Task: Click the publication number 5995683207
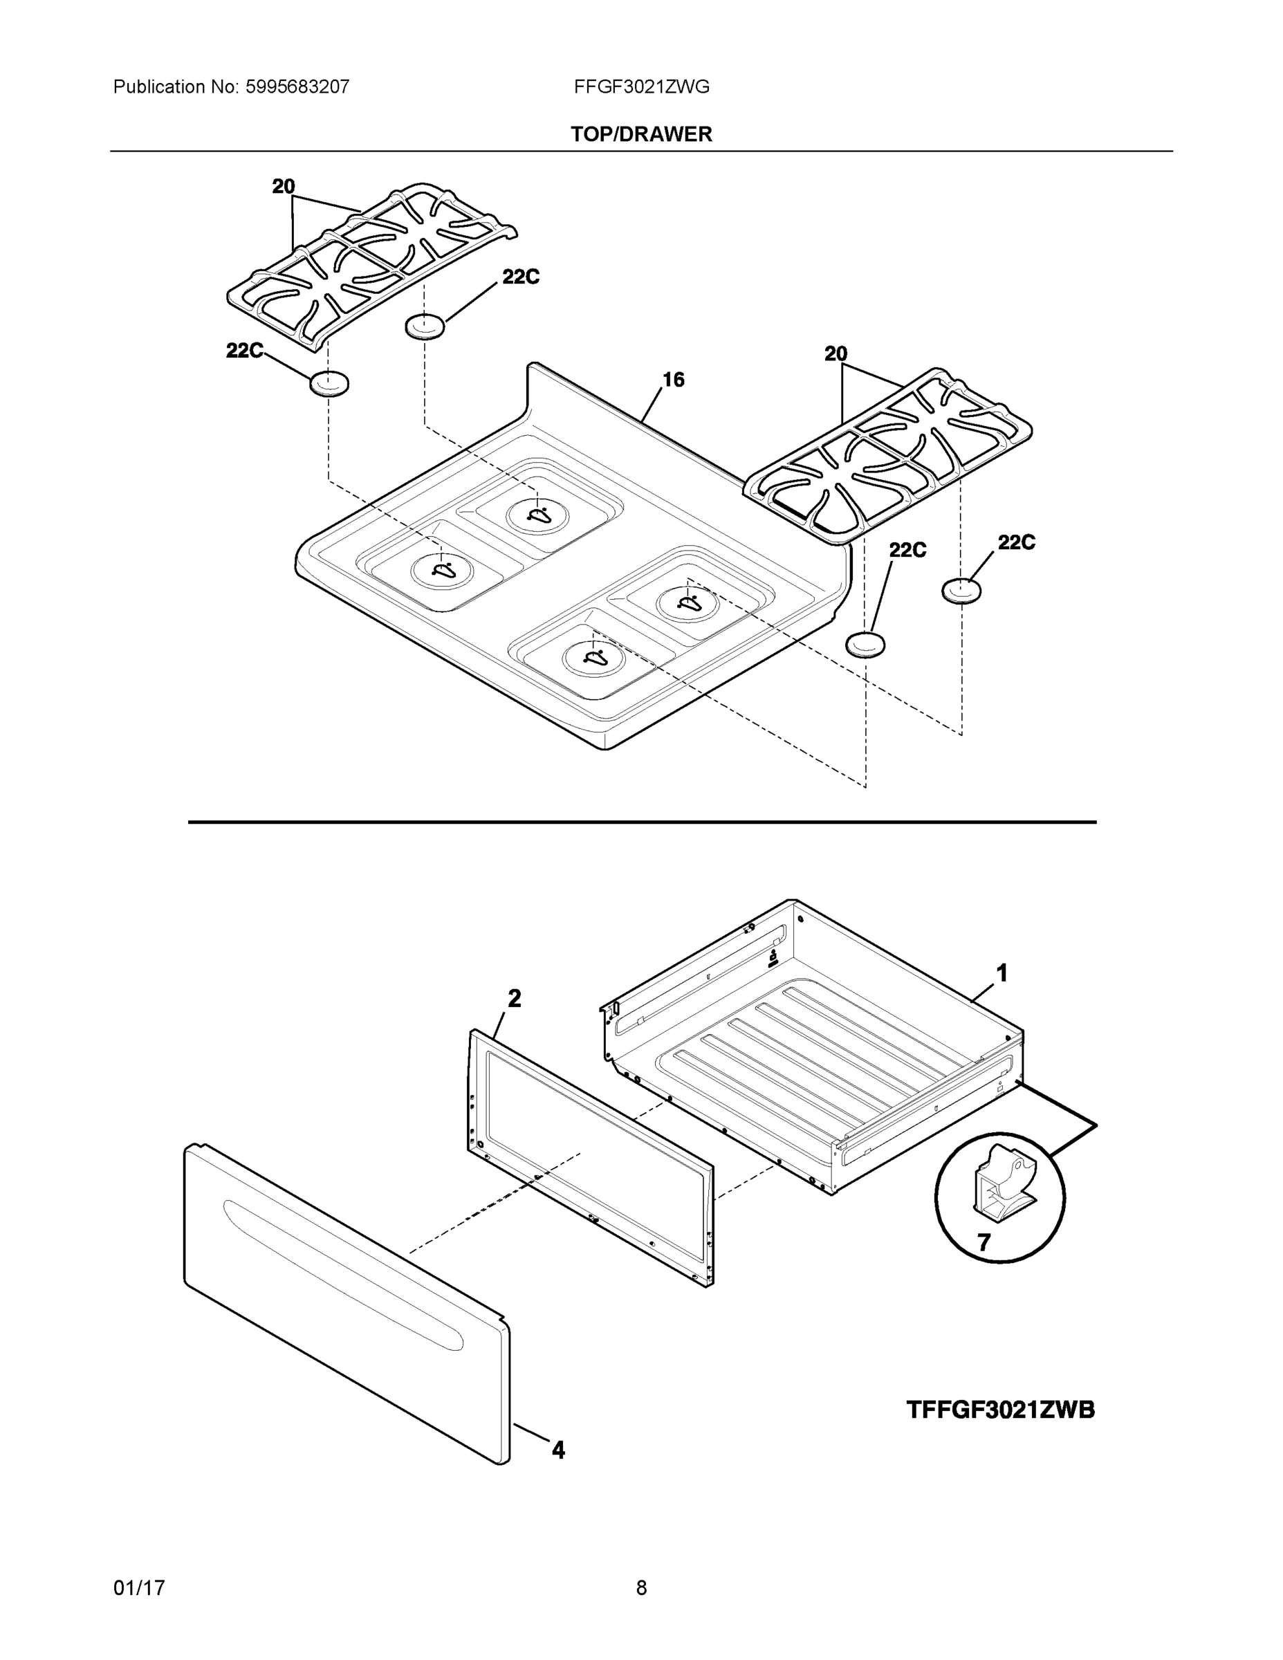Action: click(x=297, y=87)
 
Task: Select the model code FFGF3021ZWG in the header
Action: click(x=642, y=87)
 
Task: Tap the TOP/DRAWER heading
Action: click(x=642, y=135)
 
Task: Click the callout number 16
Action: click(x=673, y=379)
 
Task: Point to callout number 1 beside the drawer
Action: click(x=1002, y=973)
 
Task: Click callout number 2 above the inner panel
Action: click(x=515, y=999)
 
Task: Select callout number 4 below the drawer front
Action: click(x=558, y=1451)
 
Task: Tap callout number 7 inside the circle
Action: click(x=984, y=1244)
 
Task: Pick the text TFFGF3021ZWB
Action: click(x=1000, y=1410)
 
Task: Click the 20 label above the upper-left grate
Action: click(x=284, y=187)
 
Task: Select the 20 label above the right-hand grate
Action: click(x=836, y=354)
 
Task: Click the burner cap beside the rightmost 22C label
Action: click(x=961, y=591)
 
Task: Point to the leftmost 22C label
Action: click(x=244, y=351)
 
